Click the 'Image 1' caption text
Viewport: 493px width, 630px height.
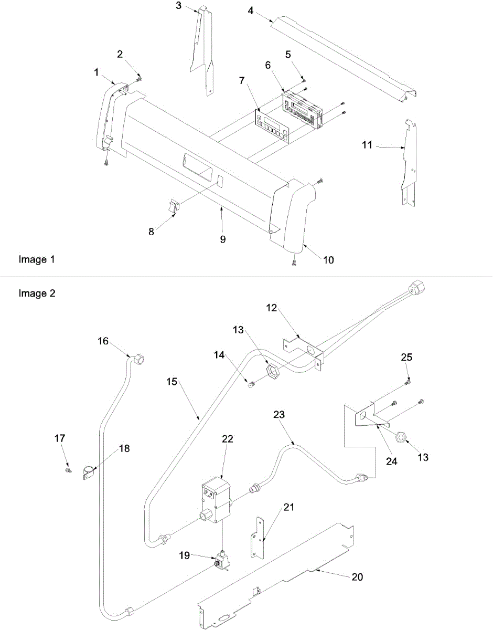point(36,259)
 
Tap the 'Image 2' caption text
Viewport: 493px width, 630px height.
point(36,293)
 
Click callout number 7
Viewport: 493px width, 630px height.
point(241,80)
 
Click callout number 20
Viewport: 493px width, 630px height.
point(357,576)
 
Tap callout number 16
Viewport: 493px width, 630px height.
point(103,341)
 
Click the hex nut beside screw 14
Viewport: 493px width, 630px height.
point(273,372)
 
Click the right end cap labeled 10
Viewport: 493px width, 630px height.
point(291,213)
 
